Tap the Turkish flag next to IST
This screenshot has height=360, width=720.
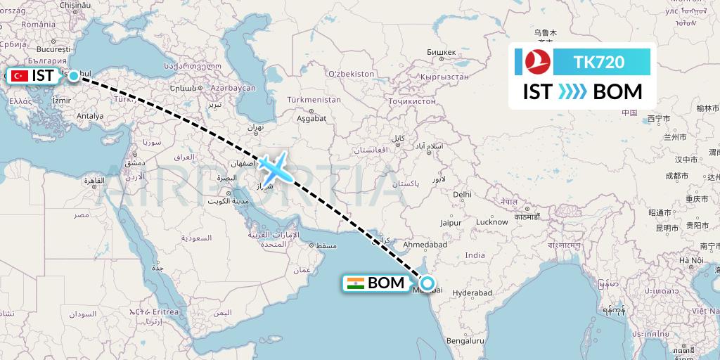(20, 75)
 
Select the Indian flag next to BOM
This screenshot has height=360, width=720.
(356, 283)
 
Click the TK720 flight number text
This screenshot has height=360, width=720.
(599, 62)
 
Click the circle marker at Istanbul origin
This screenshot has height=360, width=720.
(73, 75)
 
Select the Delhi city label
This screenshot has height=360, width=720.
(462, 194)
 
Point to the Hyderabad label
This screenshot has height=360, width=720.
(472, 292)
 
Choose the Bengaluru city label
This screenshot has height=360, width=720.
(465, 341)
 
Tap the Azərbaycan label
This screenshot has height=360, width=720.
(233, 88)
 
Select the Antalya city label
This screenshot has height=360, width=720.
(90, 116)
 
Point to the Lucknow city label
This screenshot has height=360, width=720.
(492, 222)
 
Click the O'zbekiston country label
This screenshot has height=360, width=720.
(351, 73)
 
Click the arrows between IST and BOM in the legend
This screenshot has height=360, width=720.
(572, 92)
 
